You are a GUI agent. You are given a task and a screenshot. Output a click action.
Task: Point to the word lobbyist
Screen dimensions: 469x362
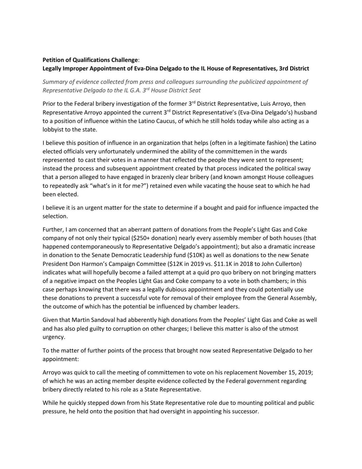pos(53,129)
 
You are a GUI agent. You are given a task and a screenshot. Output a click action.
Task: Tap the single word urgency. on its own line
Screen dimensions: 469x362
pos(54,337)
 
